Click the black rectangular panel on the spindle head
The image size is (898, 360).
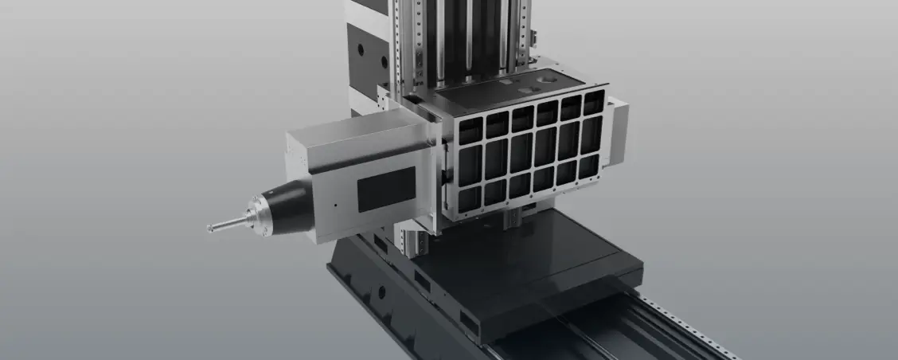(x=386, y=189)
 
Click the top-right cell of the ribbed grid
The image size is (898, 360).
(x=594, y=103)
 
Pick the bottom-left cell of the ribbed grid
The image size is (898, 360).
(x=470, y=199)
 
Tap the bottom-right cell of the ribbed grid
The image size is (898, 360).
(x=589, y=166)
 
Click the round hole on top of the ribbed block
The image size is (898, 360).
(x=548, y=80)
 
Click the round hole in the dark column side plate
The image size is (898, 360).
(x=361, y=49)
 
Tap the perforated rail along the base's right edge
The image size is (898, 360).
(x=685, y=327)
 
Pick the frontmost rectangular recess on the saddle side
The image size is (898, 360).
(x=470, y=323)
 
